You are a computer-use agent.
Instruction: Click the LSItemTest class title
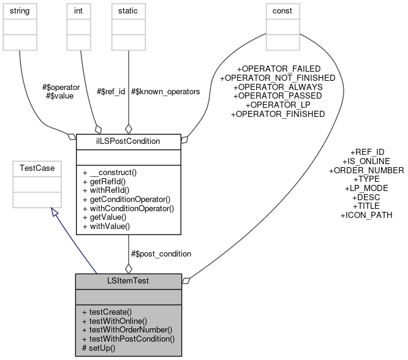tap(128, 281)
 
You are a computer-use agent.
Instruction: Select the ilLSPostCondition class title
tap(128, 141)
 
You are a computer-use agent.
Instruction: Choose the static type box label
tap(127, 11)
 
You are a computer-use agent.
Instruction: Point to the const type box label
tap(282, 11)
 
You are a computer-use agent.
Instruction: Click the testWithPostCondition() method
tap(127, 339)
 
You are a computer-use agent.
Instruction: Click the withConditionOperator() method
tap(127, 208)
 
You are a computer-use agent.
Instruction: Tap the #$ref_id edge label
tap(111, 91)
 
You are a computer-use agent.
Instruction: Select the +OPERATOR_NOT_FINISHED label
tap(278, 78)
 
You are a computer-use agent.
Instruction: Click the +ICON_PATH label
tap(366, 216)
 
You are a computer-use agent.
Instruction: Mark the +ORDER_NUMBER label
tap(366, 170)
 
